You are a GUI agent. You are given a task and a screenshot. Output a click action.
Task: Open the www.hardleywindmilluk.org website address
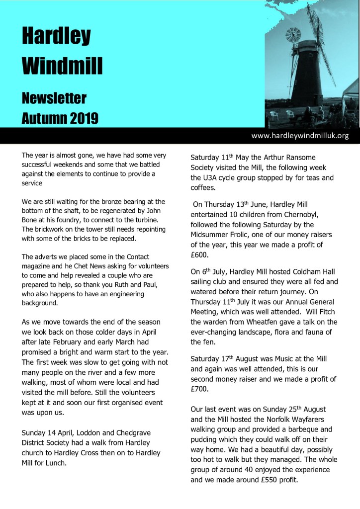(300, 135)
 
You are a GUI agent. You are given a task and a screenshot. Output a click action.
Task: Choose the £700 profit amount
(200, 390)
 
